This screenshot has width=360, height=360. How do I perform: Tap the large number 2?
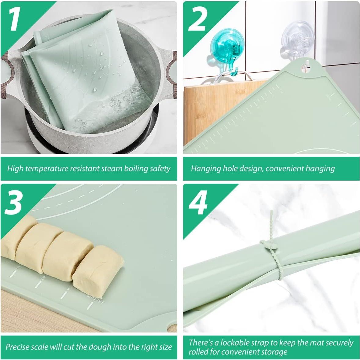(x=197, y=19)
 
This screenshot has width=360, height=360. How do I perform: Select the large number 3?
(x=14, y=203)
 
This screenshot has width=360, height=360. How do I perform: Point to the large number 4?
(x=198, y=203)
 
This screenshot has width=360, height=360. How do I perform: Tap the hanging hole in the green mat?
(x=305, y=67)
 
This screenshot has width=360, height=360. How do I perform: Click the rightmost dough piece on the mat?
(x=98, y=271)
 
